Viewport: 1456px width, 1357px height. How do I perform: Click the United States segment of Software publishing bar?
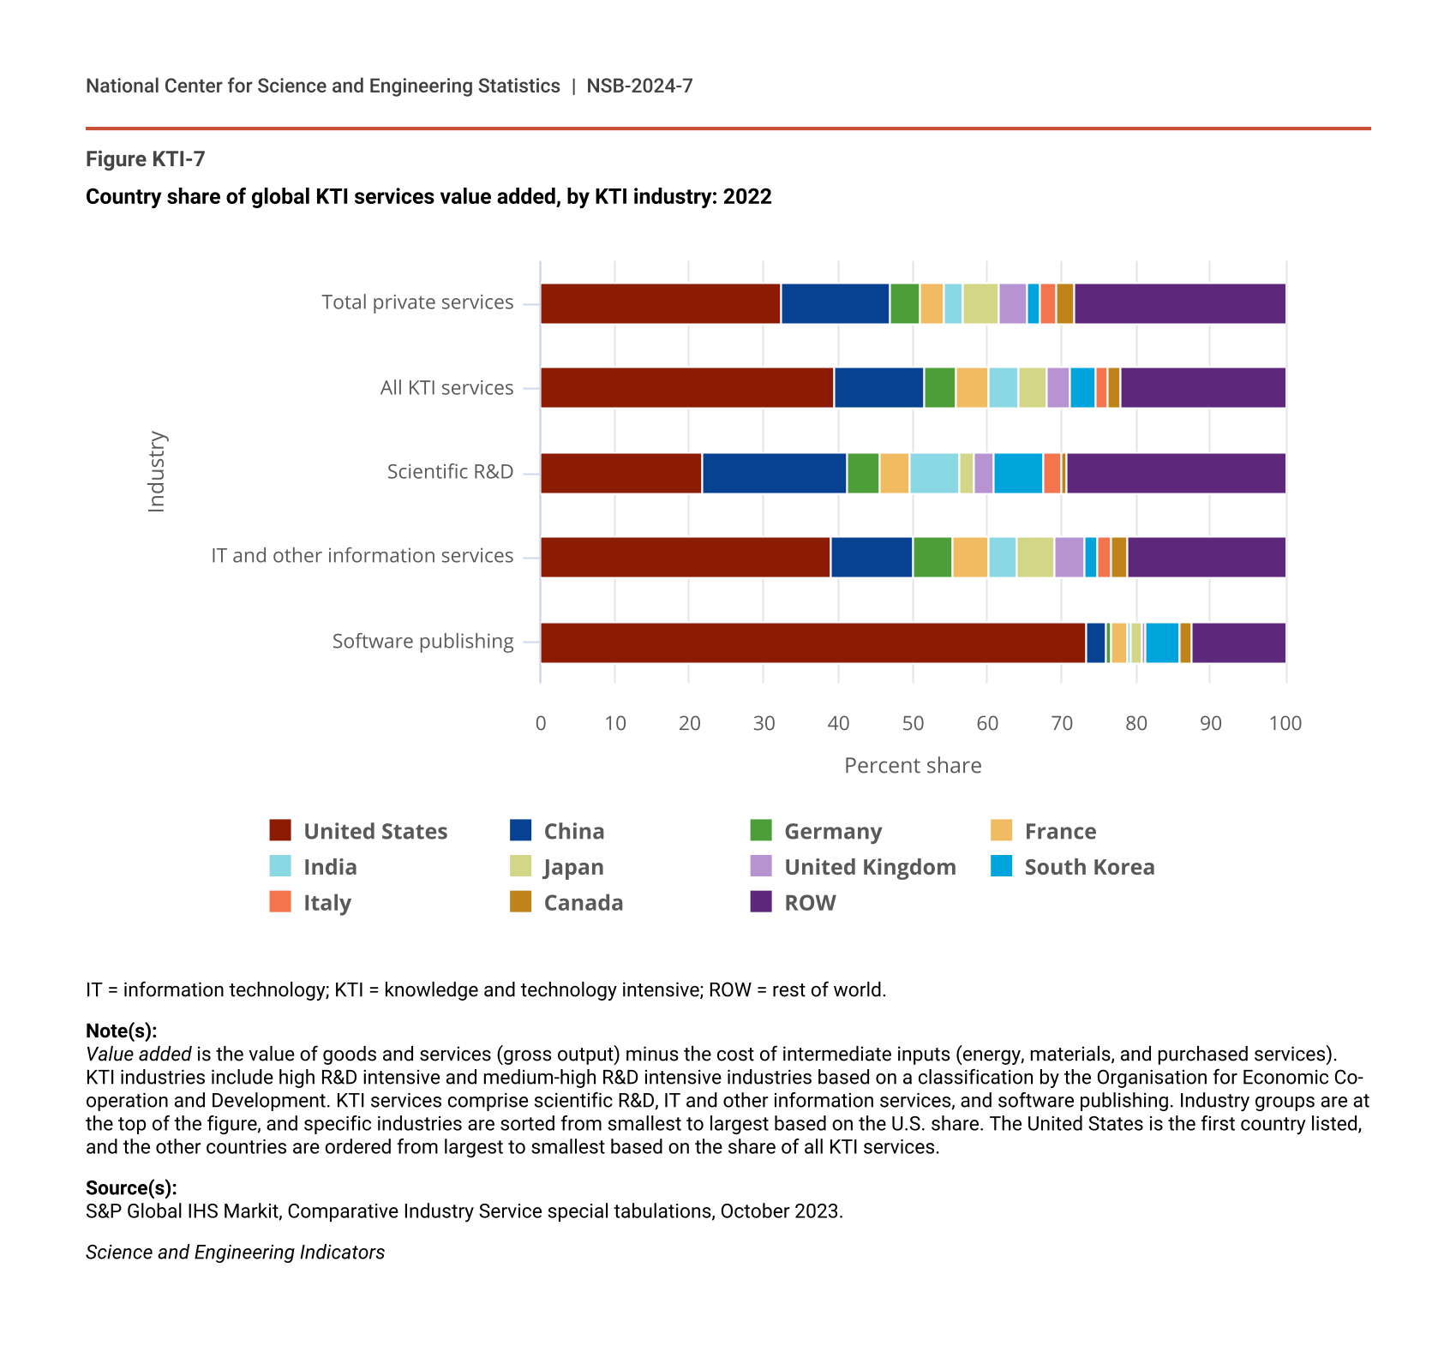tap(812, 643)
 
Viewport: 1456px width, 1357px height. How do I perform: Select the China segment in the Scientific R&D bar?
tap(774, 473)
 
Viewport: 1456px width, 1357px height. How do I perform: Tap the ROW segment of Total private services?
tap(1179, 303)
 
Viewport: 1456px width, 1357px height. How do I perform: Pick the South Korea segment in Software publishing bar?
tap(1162, 643)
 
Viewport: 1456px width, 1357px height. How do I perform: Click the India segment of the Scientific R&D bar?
tap(934, 473)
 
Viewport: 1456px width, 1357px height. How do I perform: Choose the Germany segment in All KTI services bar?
tap(939, 387)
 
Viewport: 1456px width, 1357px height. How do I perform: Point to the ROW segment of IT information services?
tap(1206, 557)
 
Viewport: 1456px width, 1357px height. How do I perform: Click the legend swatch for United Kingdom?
tap(761, 866)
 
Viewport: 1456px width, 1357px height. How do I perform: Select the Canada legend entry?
tap(583, 902)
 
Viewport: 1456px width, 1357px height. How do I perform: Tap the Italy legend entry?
tap(327, 902)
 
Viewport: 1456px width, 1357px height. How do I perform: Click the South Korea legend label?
tap(1089, 867)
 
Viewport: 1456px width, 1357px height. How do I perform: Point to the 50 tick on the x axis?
tap(913, 723)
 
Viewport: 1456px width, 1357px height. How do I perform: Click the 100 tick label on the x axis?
tap(1285, 723)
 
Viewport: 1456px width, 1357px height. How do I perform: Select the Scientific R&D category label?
tap(450, 472)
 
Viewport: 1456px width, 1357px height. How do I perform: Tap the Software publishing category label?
tap(422, 642)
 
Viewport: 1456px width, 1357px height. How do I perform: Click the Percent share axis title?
tap(913, 765)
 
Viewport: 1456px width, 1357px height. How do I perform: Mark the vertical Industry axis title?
tap(156, 472)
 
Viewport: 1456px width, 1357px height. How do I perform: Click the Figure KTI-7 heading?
tap(146, 159)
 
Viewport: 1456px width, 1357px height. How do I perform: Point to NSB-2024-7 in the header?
tap(639, 86)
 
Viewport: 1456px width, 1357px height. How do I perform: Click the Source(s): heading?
tap(131, 1187)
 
